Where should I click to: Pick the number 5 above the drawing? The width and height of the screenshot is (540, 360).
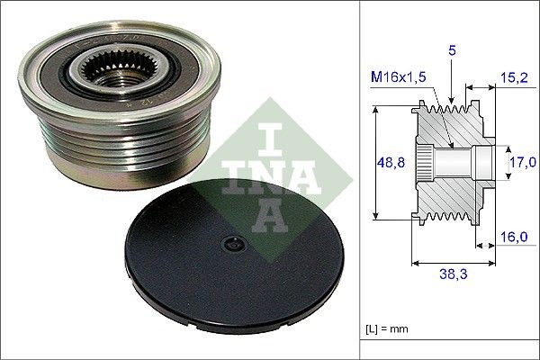452,52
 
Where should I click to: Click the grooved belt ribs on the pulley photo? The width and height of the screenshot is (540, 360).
99,148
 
